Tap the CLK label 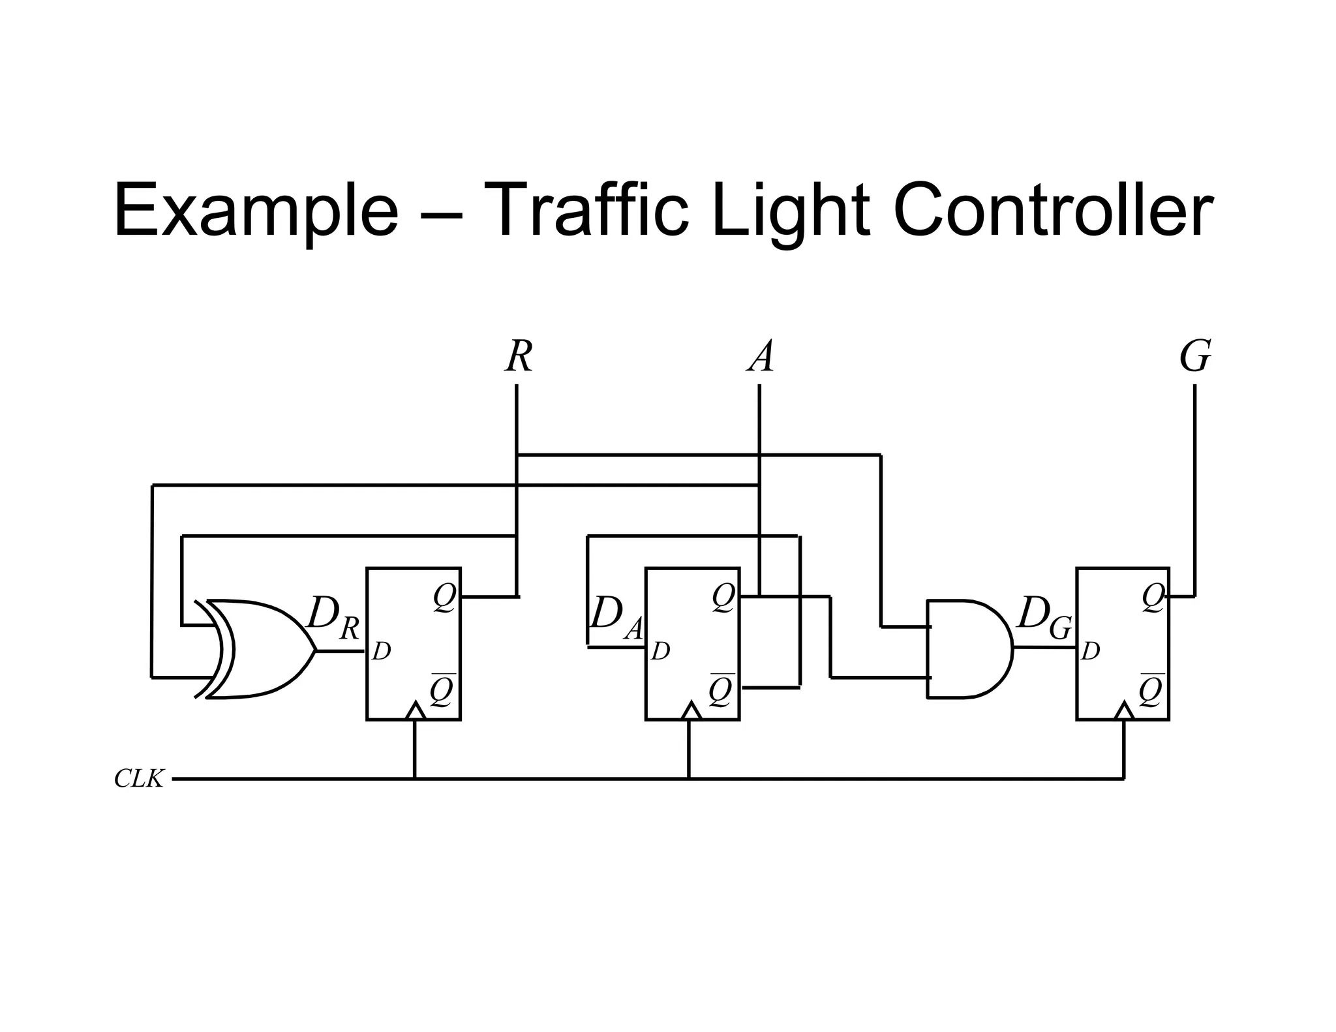pos(138,778)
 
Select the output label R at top pos(519,357)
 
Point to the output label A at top pos(761,357)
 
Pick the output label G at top pos(1195,357)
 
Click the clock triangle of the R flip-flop pos(416,711)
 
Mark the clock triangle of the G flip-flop pos(1123,711)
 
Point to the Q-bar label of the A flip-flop pos(722,690)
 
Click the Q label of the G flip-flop pos(1153,598)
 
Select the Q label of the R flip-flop pos(445,598)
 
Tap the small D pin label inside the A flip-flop pos(660,651)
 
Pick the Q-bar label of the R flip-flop pos(442,690)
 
